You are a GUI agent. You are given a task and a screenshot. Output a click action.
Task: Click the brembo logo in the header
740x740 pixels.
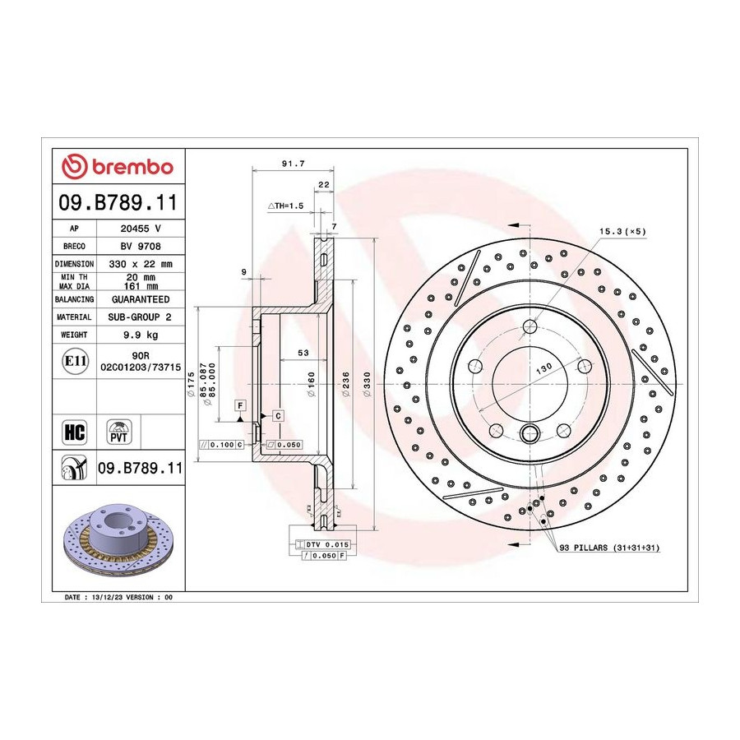(x=118, y=167)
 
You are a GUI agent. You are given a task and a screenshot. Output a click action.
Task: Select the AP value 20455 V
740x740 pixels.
(x=141, y=229)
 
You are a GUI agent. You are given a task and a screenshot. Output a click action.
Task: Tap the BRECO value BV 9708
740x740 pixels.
(x=141, y=247)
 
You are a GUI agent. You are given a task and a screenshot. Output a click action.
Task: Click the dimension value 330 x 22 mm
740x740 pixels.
(x=141, y=264)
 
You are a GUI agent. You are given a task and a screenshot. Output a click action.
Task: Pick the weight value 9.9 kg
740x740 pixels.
(x=141, y=335)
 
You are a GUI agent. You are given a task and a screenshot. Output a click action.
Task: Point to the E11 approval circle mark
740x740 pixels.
(x=75, y=361)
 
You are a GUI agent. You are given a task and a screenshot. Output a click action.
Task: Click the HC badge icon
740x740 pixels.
(x=75, y=432)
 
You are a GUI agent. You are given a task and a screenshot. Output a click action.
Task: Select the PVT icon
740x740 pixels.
(x=118, y=432)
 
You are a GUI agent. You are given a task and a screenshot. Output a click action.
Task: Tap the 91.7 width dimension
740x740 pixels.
(x=293, y=164)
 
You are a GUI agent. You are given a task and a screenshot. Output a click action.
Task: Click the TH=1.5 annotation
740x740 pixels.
(x=285, y=206)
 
